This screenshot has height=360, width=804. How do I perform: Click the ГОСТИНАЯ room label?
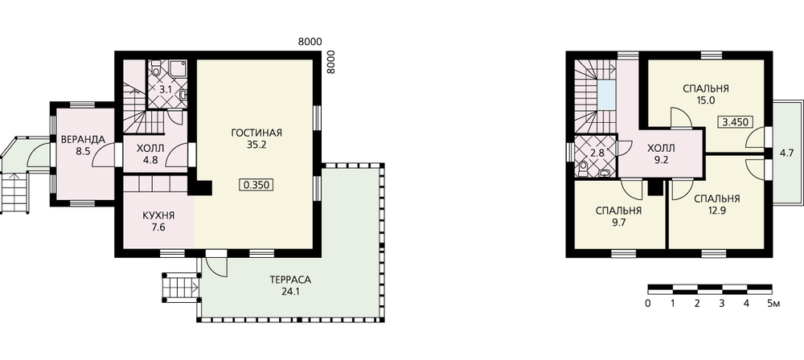[x=256, y=133]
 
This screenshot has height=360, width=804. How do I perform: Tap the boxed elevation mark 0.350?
[x=256, y=185]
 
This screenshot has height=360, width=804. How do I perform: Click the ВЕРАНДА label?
[x=83, y=140]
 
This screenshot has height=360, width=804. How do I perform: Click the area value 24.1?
[x=290, y=292]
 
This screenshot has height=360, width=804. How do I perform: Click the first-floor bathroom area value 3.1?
[x=165, y=89]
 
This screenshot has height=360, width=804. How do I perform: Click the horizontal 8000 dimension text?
[x=310, y=43]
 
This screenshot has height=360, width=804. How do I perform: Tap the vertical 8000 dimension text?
[x=330, y=62]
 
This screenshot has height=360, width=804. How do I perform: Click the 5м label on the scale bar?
[x=773, y=304]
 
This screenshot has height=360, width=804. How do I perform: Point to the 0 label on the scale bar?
[x=648, y=304]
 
